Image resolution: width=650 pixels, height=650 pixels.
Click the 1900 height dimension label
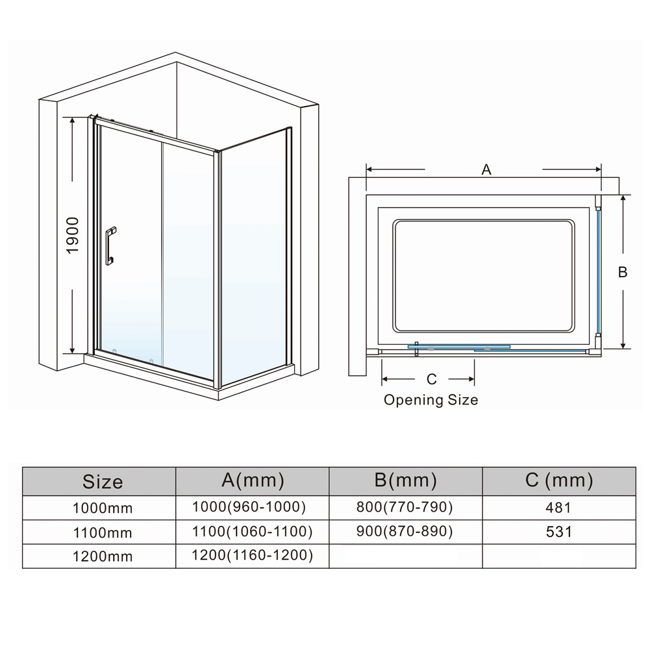click(x=73, y=235)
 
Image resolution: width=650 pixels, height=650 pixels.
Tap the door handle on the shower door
click(x=110, y=245)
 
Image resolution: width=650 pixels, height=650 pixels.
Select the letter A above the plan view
click(x=486, y=170)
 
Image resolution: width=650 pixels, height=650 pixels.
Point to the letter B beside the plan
click(x=622, y=273)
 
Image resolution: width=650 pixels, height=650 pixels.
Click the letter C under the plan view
click(x=431, y=379)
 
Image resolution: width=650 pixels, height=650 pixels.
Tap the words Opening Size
click(x=431, y=400)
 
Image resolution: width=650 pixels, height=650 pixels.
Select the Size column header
click(x=103, y=482)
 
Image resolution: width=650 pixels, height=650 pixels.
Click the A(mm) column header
click(x=253, y=481)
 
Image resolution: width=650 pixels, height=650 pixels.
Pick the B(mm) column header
click(x=405, y=481)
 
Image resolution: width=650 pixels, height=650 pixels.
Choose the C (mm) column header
click(x=558, y=481)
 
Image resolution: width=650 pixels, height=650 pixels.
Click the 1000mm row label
click(x=103, y=508)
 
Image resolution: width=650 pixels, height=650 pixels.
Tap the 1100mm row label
click(x=103, y=533)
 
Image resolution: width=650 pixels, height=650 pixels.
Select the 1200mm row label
click(x=103, y=557)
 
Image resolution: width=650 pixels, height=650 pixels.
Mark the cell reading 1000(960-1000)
click(x=249, y=506)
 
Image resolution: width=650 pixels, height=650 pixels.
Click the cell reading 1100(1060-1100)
click(x=253, y=531)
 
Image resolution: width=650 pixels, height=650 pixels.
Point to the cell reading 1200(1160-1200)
click(x=253, y=555)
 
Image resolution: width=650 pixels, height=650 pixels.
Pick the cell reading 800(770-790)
click(x=405, y=506)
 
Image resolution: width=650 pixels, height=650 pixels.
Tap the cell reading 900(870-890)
click(x=405, y=531)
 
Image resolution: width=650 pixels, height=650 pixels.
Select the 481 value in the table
click(x=559, y=507)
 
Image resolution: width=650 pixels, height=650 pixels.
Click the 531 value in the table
click(x=559, y=532)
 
